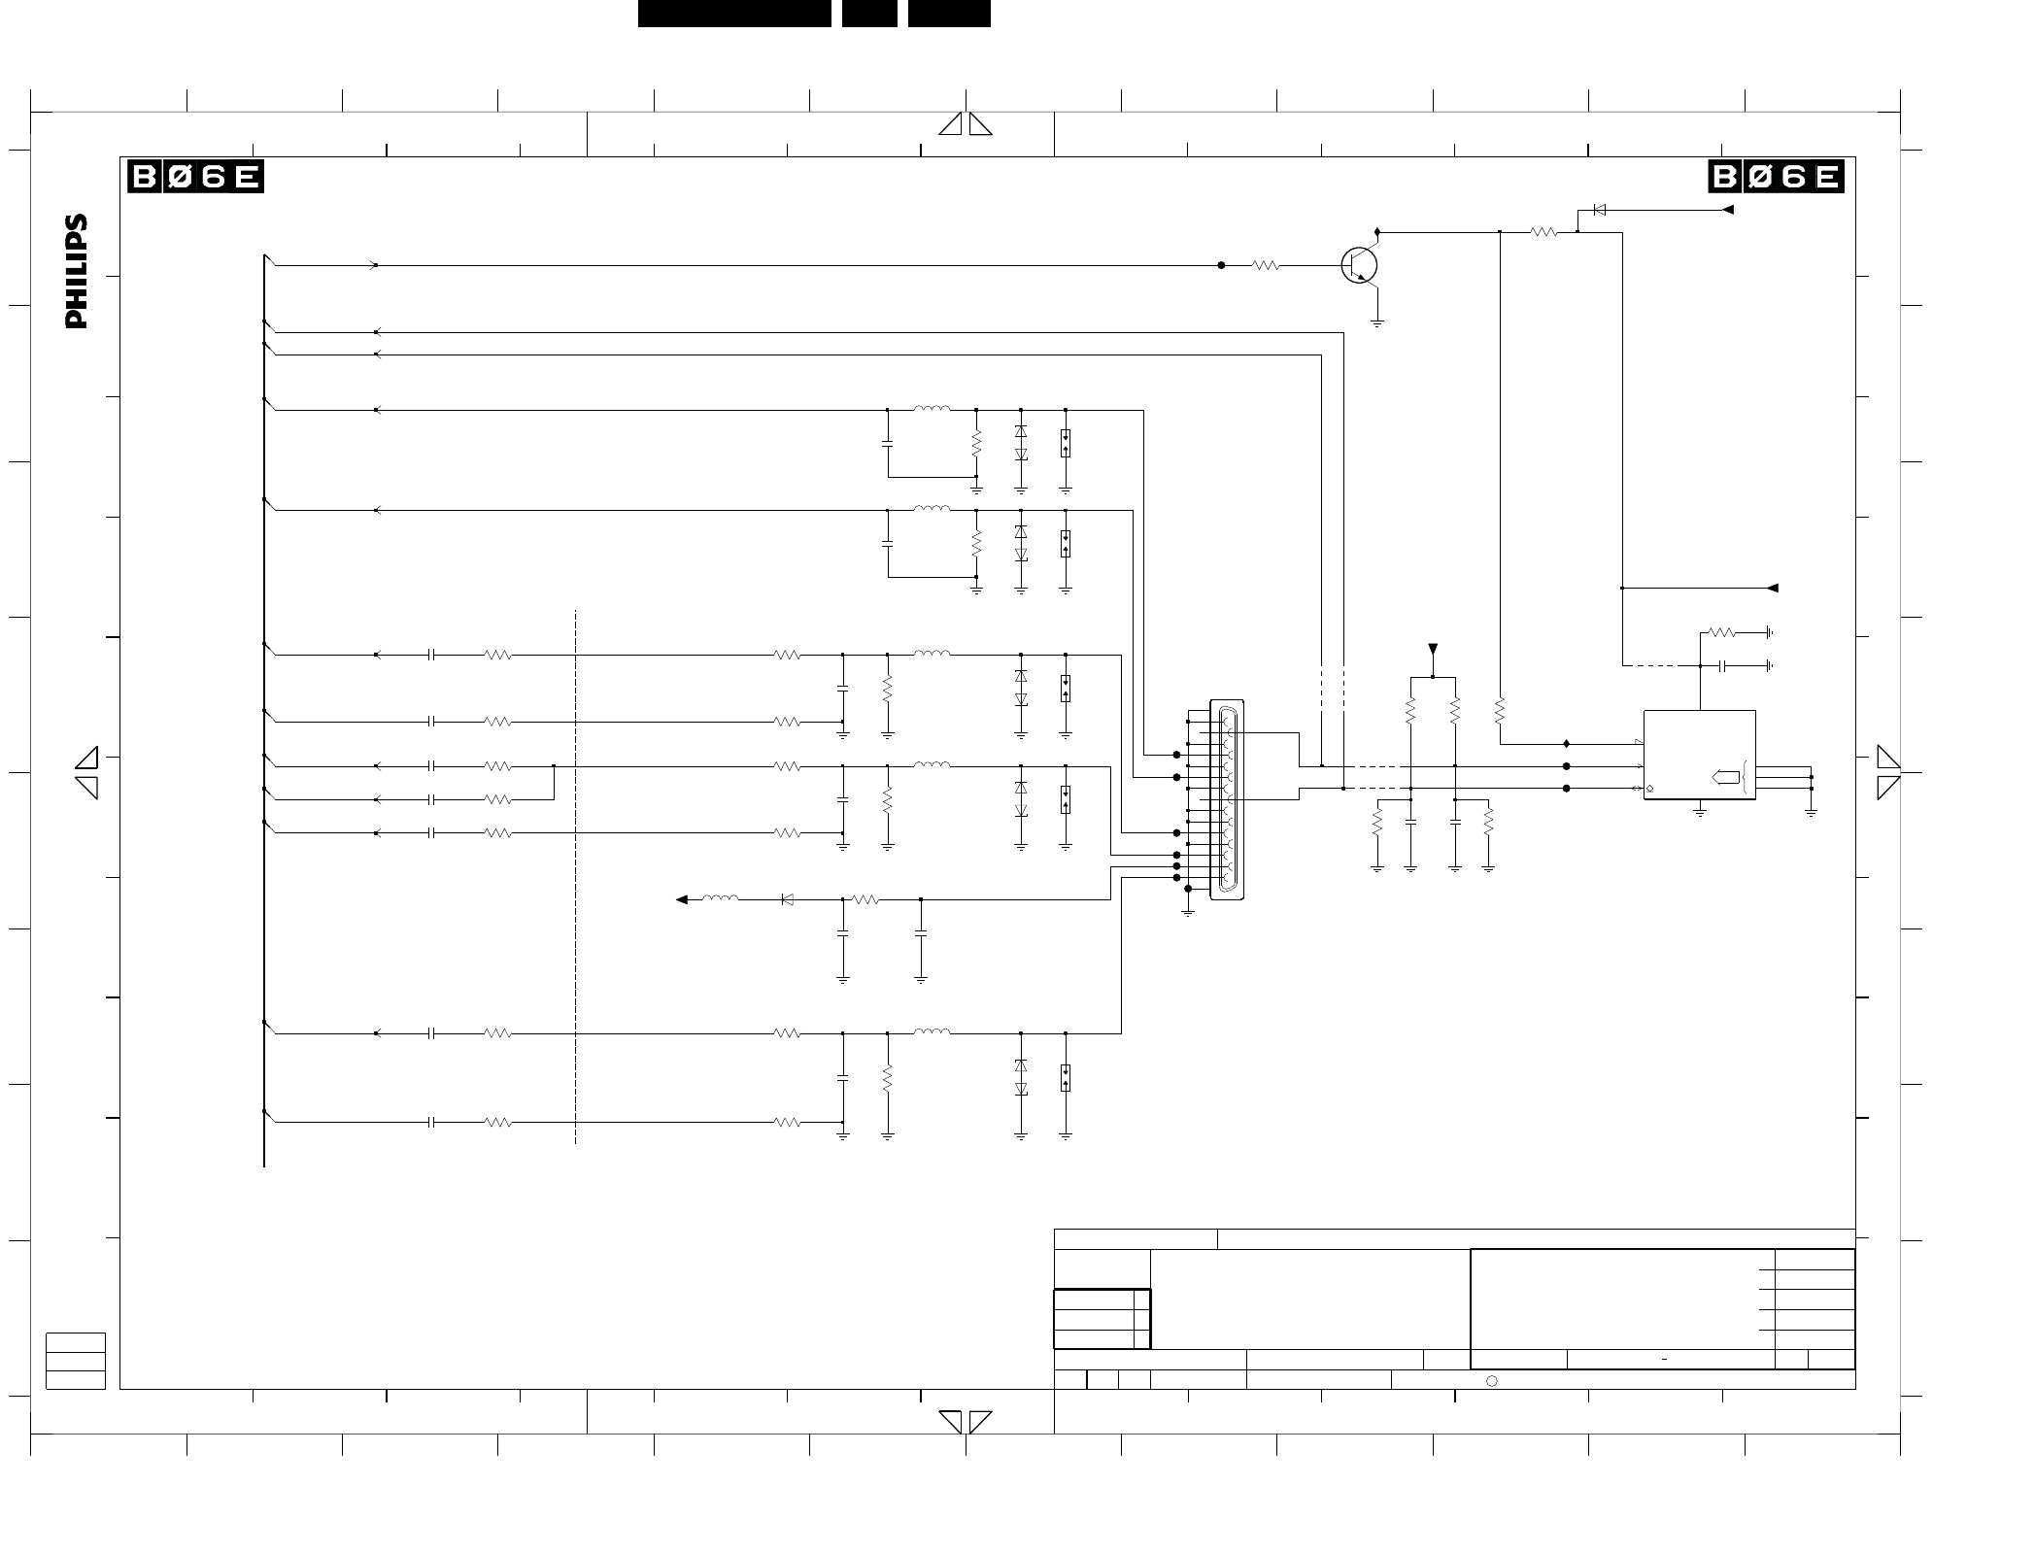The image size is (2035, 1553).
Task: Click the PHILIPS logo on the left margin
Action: (x=77, y=272)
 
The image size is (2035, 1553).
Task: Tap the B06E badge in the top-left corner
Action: (x=196, y=177)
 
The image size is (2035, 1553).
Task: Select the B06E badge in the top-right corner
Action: (x=1777, y=177)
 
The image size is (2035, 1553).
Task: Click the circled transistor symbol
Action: (x=1359, y=264)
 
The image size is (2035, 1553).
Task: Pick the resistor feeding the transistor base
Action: (x=1266, y=265)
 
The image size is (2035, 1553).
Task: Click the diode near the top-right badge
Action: (x=1599, y=210)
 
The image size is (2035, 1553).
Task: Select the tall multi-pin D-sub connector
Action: (x=1227, y=799)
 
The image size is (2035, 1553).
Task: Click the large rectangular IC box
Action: (x=1699, y=755)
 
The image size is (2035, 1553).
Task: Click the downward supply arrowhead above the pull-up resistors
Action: (x=1432, y=650)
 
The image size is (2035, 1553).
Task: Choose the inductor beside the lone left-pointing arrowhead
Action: (x=720, y=898)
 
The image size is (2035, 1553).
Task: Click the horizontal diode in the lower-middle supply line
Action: (x=787, y=900)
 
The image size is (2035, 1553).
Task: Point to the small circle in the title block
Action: (x=1492, y=1381)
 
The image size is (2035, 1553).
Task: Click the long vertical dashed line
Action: (x=576, y=877)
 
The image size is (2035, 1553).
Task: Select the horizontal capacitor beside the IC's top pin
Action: (x=1722, y=666)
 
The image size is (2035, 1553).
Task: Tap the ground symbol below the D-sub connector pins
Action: (x=1188, y=912)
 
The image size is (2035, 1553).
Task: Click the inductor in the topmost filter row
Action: (x=932, y=409)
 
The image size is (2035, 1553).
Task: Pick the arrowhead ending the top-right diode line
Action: (x=1727, y=210)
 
